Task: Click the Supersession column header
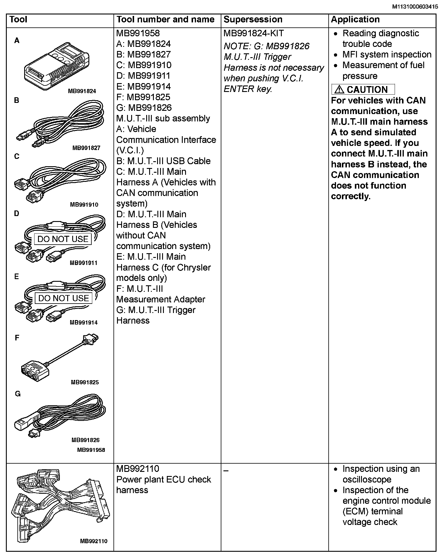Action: click(x=253, y=20)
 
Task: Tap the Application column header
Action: click(x=355, y=20)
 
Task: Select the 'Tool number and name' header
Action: click(x=165, y=20)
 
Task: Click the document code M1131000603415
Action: click(x=415, y=6)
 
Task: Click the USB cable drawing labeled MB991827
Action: click(x=60, y=124)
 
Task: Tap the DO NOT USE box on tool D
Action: click(x=63, y=239)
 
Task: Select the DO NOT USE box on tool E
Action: click(x=64, y=298)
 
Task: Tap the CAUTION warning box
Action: click(x=363, y=90)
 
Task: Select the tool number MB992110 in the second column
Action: click(x=138, y=469)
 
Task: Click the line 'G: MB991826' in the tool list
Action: click(x=144, y=108)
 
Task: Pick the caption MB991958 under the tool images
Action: click(x=91, y=450)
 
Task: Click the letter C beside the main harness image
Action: click(x=17, y=157)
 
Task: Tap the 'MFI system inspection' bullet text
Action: click(x=387, y=55)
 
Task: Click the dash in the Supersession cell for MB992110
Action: click(x=226, y=471)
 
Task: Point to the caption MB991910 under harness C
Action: click(x=84, y=205)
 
